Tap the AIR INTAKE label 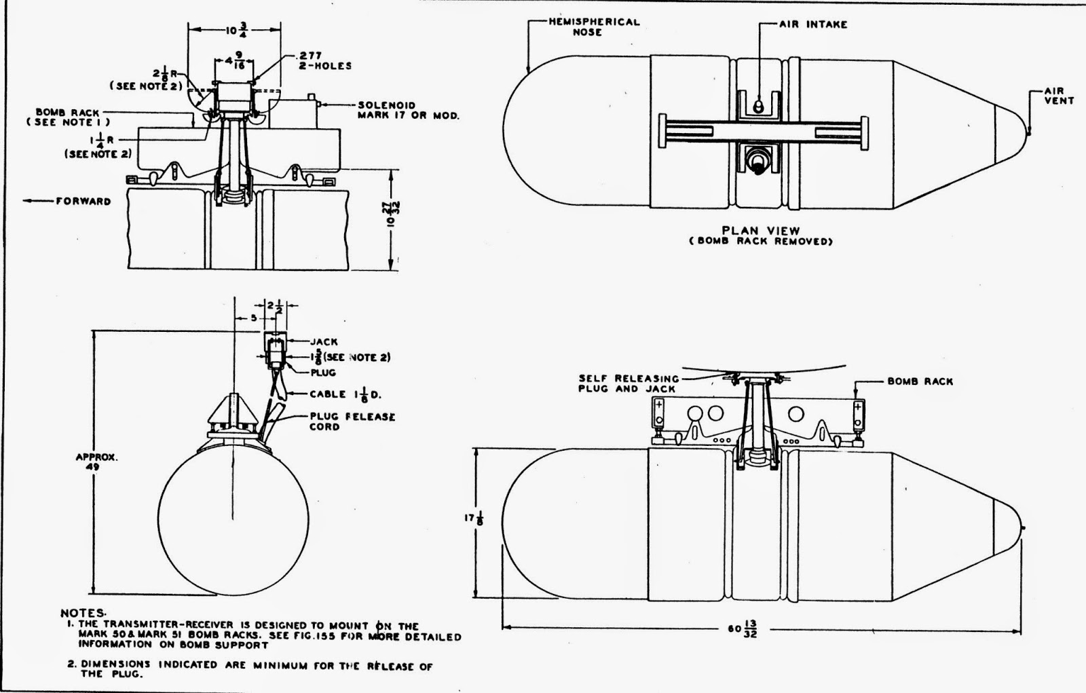pos(813,24)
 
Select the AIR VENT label pos(1058,96)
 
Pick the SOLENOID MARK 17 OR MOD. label pos(408,111)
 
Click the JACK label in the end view pos(324,342)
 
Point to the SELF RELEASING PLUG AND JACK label pos(627,383)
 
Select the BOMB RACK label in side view pos(920,381)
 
